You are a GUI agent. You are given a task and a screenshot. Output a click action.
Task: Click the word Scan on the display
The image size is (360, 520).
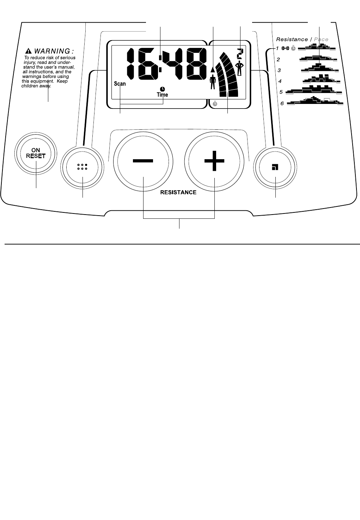tap(120, 84)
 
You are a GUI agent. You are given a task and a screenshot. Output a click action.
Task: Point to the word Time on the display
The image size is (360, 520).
tap(163, 94)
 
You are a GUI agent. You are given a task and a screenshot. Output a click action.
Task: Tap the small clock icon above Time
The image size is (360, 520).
tap(163, 89)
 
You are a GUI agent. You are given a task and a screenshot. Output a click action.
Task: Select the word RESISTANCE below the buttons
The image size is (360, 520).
tap(178, 192)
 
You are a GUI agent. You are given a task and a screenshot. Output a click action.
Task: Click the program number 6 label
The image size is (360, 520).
tap(282, 104)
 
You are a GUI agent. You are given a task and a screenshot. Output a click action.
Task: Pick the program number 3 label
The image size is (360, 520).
tap(279, 70)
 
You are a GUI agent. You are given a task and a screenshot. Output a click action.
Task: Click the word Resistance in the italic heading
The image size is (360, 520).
tap(292, 39)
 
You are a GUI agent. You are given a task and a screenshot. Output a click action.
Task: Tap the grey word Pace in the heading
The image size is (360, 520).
tap(321, 39)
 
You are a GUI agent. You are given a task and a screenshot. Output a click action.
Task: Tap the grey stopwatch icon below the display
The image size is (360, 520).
tap(215, 104)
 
